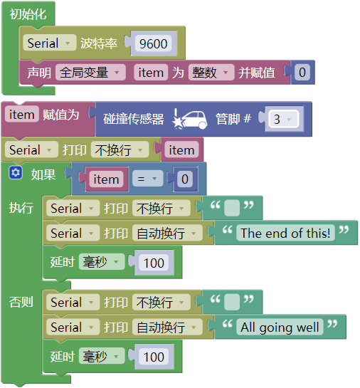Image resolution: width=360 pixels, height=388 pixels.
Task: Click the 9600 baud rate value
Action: coord(153,44)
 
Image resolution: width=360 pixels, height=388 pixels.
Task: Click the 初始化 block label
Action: coord(28,14)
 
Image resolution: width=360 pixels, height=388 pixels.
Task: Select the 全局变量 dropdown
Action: coord(90,73)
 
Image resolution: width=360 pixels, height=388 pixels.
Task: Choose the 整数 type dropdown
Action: coord(211,73)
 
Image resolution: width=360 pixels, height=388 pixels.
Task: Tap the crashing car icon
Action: coord(190,119)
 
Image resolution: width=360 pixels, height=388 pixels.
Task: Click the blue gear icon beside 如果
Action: coord(16,172)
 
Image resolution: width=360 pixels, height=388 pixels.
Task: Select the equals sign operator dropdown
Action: coord(147,179)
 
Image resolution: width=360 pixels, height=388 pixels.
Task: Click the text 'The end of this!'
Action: coord(285,233)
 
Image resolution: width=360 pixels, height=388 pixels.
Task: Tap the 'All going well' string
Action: coord(280,327)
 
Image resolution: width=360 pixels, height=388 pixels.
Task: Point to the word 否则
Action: coord(21,302)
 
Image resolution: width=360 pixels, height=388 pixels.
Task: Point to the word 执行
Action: coord(21,207)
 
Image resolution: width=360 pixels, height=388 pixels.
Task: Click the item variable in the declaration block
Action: coord(151,73)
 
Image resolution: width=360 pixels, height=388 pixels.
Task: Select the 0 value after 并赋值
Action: coord(302,73)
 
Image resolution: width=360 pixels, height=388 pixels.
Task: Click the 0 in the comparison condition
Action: coord(185,179)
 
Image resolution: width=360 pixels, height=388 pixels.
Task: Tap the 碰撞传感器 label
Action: coord(134,119)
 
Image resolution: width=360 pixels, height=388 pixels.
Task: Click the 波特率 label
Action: coord(99,43)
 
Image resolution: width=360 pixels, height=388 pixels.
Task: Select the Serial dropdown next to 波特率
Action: coord(50,43)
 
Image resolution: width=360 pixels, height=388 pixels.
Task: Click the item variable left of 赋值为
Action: coord(22,115)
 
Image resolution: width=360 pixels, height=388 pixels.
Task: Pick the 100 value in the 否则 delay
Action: coord(154,357)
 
